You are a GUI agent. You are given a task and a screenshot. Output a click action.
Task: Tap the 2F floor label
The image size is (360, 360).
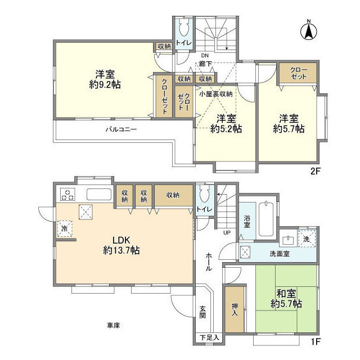[x=315, y=171]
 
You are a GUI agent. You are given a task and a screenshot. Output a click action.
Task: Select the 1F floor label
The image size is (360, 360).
[x=316, y=341]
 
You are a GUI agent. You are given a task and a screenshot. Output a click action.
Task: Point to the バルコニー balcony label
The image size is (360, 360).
[x=121, y=129]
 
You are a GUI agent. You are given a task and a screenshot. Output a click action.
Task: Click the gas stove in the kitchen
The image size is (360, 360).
[x=67, y=194]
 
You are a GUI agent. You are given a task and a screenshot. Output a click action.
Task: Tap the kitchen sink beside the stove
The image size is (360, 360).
[x=99, y=195]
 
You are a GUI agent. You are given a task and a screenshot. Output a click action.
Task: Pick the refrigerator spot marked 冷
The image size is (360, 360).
[x=65, y=228]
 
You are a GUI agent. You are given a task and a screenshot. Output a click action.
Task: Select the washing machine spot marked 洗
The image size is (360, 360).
[x=307, y=238]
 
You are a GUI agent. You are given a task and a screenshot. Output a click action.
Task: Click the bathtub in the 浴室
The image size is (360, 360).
[x=266, y=219]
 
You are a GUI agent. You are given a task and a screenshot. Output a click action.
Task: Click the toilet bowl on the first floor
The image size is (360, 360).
[x=205, y=193]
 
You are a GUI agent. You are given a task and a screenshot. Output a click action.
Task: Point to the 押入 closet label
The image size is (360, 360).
[x=235, y=309]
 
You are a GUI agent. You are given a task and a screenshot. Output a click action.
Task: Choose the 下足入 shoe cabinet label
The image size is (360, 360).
[x=209, y=337]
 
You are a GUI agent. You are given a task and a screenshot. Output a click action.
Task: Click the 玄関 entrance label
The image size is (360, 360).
[x=202, y=312]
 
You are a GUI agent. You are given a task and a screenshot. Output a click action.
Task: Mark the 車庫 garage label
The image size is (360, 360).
[x=113, y=325]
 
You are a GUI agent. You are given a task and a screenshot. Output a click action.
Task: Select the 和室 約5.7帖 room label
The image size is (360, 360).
[x=286, y=299]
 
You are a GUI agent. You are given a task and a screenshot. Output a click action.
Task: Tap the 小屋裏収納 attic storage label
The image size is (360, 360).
[x=215, y=94]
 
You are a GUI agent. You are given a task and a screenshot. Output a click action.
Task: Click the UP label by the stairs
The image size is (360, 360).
[x=227, y=232]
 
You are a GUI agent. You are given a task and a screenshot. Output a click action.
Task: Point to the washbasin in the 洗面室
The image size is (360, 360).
[x=289, y=241]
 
